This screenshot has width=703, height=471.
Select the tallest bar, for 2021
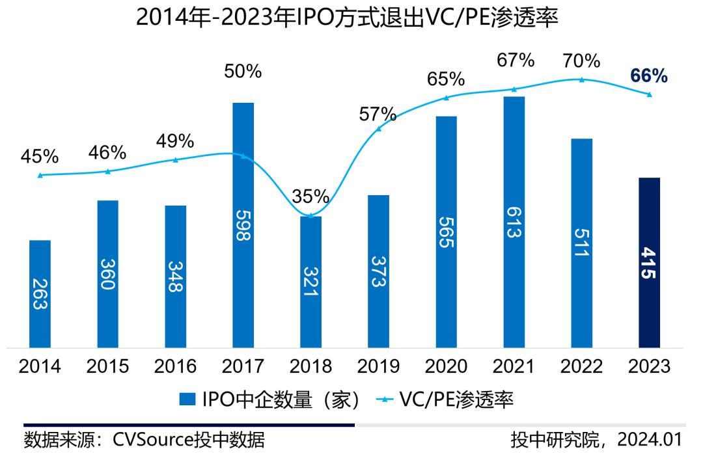point(514,221)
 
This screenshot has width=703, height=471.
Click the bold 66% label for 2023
point(649,76)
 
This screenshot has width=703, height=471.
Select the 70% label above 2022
point(581,62)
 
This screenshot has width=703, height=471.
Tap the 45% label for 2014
point(40,157)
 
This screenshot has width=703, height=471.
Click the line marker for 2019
point(379,129)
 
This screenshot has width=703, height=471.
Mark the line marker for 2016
point(176,159)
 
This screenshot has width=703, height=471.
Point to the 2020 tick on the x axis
point(446,366)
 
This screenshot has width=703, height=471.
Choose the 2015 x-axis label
point(107,366)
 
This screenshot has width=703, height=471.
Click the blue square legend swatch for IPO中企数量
point(187,399)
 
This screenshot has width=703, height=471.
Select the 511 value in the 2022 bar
point(581,243)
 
